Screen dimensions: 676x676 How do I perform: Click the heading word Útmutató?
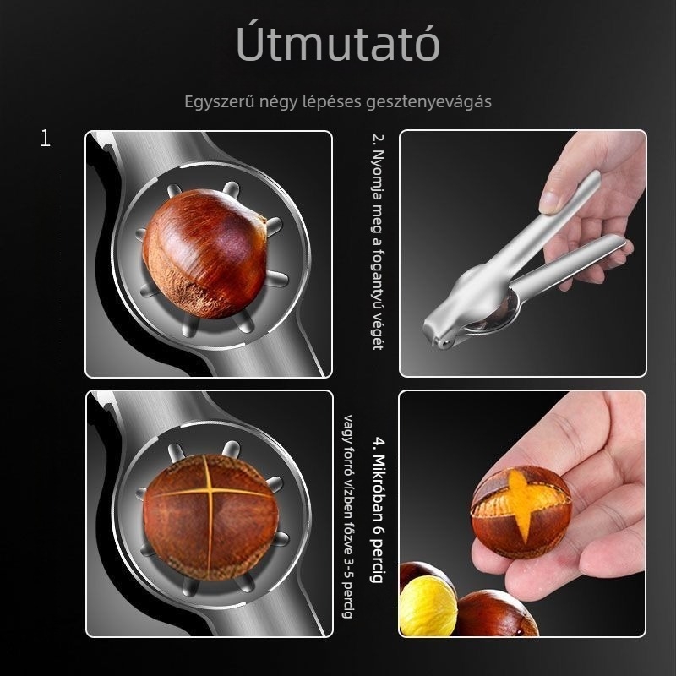(x=338, y=43)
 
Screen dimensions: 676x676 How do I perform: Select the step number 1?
(x=46, y=139)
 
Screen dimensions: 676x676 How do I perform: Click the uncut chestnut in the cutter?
(x=204, y=253)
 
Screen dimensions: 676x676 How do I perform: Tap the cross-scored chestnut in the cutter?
(x=210, y=517)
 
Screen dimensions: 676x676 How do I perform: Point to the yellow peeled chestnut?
(x=428, y=606)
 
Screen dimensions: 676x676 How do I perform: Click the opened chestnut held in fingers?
(x=521, y=511)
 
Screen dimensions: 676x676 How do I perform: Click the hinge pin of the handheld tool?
(x=443, y=343)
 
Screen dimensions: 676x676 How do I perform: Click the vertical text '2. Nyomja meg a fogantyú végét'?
(x=378, y=242)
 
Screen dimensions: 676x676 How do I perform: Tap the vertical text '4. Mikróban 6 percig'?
(x=378, y=510)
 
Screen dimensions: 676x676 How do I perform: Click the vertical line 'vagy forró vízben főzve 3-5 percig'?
(x=348, y=516)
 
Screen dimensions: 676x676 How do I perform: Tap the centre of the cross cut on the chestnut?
(x=209, y=491)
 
